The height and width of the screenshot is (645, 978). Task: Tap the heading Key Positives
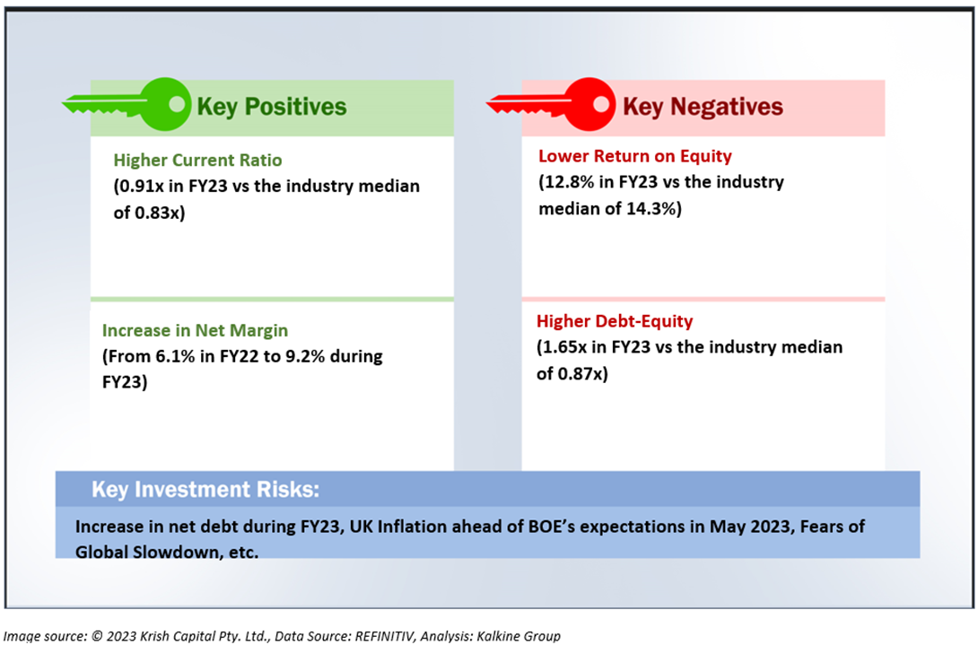pyautogui.click(x=271, y=107)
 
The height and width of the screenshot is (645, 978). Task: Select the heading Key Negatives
pyautogui.click(x=703, y=107)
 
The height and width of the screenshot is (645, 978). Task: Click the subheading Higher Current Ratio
pyautogui.click(x=197, y=161)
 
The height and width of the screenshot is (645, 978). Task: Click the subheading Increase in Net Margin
pyautogui.click(x=196, y=331)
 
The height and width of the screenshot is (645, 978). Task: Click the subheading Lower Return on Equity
pyautogui.click(x=635, y=156)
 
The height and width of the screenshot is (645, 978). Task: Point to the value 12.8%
pyautogui.click(x=569, y=182)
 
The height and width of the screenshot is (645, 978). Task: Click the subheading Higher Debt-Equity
pyautogui.click(x=615, y=321)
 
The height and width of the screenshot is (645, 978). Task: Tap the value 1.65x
pyautogui.click(x=565, y=347)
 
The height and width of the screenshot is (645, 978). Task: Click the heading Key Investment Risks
pyautogui.click(x=205, y=490)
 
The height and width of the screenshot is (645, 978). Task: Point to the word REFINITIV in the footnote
pyautogui.click(x=385, y=636)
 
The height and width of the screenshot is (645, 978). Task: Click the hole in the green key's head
pyautogui.click(x=177, y=103)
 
